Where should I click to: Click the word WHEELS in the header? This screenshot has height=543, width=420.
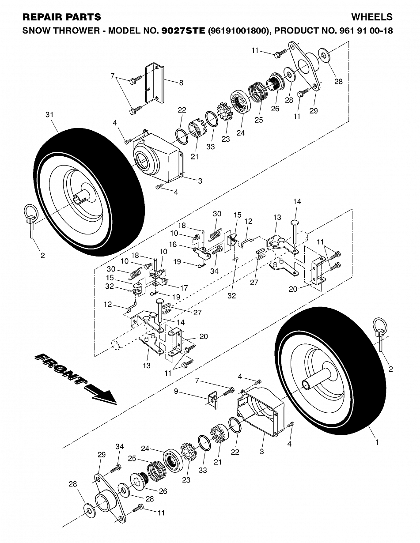[x=372, y=17]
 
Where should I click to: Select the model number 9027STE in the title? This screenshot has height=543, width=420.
[x=184, y=30]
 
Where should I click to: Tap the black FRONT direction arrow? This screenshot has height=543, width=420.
[x=76, y=378]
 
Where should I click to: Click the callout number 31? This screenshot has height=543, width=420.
[x=49, y=114]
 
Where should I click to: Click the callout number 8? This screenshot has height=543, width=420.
[x=181, y=83]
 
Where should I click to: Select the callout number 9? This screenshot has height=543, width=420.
[x=176, y=391]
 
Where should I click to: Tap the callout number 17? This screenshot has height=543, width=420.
[x=184, y=288]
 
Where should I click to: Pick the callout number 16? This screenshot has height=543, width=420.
[x=173, y=245]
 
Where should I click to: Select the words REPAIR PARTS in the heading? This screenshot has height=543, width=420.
[x=62, y=17]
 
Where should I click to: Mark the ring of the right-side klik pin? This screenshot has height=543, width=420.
[x=381, y=325]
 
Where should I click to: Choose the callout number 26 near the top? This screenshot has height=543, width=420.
[x=275, y=109]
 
